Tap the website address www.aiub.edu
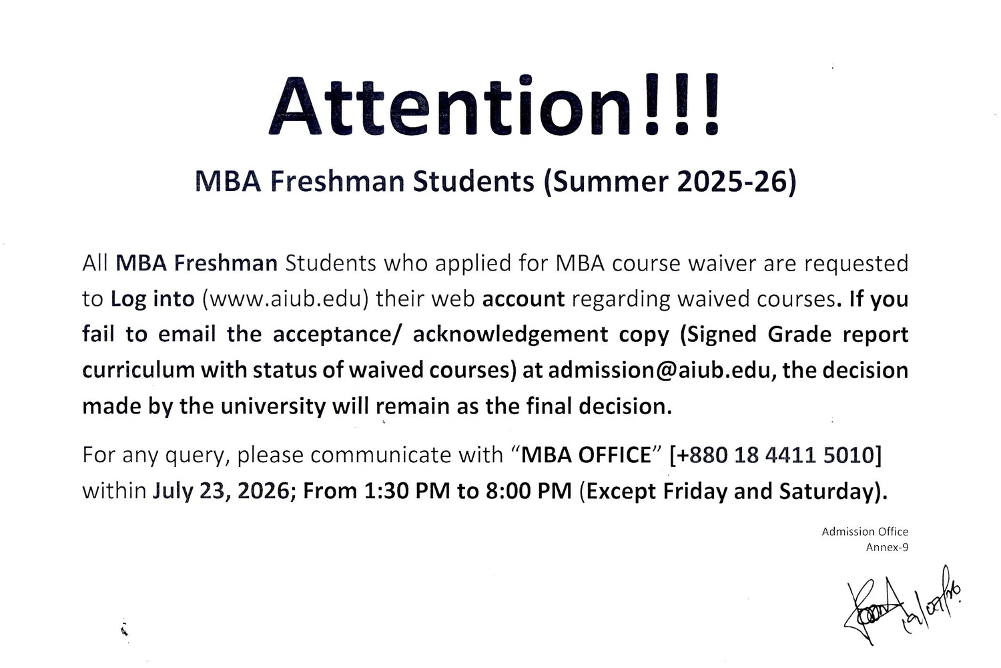pyautogui.click(x=285, y=299)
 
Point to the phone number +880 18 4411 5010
pyautogui.click(x=775, y=455)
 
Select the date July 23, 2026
pyautogui.click(x=221, y=491)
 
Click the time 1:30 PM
pyautogui.click(x=407, y=490)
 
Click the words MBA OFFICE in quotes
pyautogui.click(x=587, y=455)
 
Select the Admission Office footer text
pyautogui.click(x=865, y=532)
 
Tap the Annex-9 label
pyautogui.click(x=887, y=547)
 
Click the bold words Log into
pyautogui.click(x=153, y=299)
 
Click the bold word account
pyautogui.click(x=523, y=299)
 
